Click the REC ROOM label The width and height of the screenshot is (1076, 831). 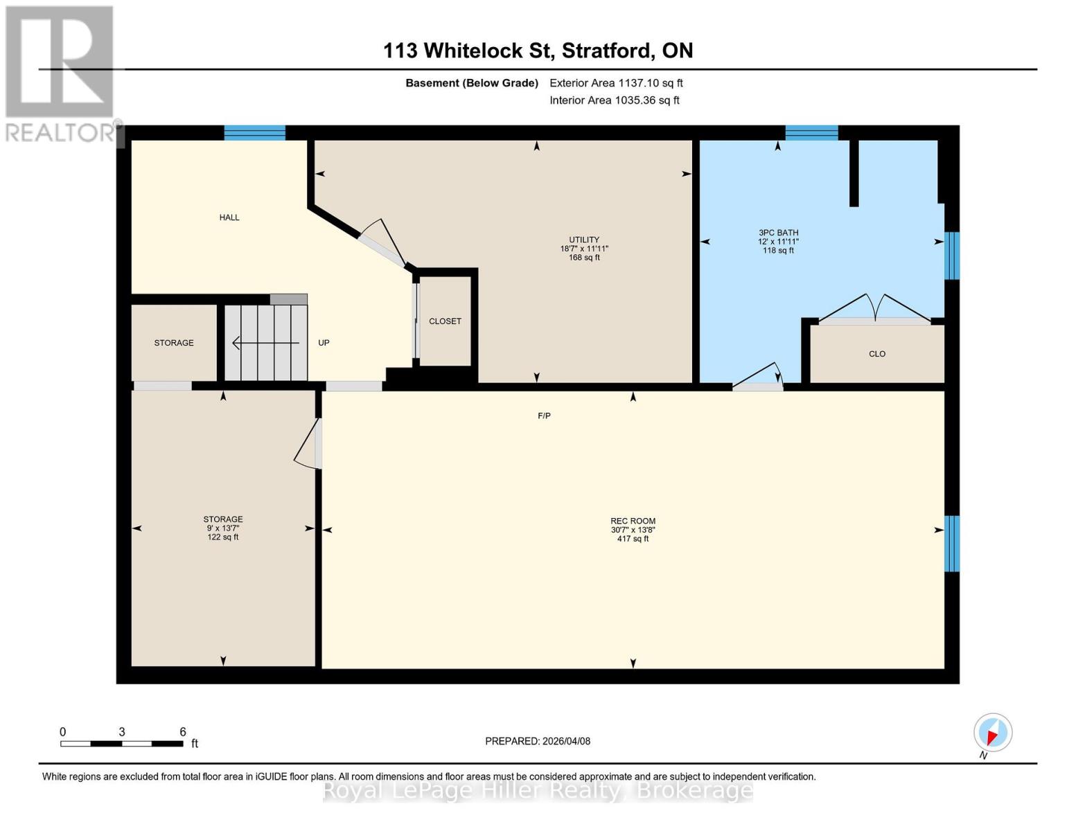pyautogui.click(x=633, y=521)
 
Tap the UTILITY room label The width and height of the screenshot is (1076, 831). pyautogui.click(x=584, y=240)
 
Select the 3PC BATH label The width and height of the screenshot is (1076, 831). pyautogui.click(x=778, y=233)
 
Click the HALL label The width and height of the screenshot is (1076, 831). pyautogui.click(x=229, y=217)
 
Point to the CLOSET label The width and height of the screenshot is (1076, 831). pyautogui.click(x=445, y=321)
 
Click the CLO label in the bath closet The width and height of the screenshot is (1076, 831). pyautogui.click(x=877, y=354)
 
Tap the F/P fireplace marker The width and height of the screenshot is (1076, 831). pyautogui.click(x=545, y=415)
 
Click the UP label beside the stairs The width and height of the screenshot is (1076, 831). pyautogui.click(x=324, y=343)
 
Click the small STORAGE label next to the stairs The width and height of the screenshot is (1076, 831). pyautogui.click(x=174, y=343)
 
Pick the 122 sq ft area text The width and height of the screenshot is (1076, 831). pyautogui.click(x=223, y=537)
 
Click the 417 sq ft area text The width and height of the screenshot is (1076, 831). pyautogui.click(x=633, y=539)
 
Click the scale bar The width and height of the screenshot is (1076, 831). pyautogui.click(x=122, y=744)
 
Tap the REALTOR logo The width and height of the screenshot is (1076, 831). pyautogui.click(x=60, y=73)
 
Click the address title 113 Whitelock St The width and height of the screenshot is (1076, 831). pyautogui.click(x=538, y=51)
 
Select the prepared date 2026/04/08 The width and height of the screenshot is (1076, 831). pyautogui.click(x=538, y=741)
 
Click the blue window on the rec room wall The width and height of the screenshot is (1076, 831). pyautogui.click(x=952, y=544)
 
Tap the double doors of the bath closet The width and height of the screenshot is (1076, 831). pyautogui.click(x=875, y=310)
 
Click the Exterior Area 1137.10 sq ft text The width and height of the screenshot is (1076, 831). pyautogui.click(x=616, y=83)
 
